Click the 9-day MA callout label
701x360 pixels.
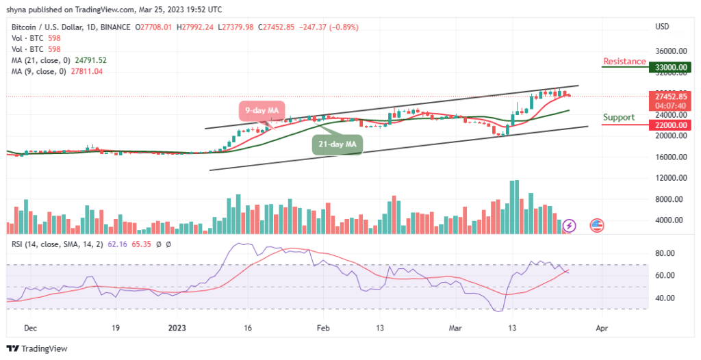(x=263, y=110)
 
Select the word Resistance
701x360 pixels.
(x=624, y=62)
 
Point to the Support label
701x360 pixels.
(x=619, y=117)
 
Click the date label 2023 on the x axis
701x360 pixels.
(x=176, y=328)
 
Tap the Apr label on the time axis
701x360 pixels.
(x=600, y=328)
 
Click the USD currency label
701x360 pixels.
(x=662, y=27)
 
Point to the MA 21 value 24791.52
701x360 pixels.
(x=88, y=60)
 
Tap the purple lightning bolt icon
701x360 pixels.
(x=570, y=224)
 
